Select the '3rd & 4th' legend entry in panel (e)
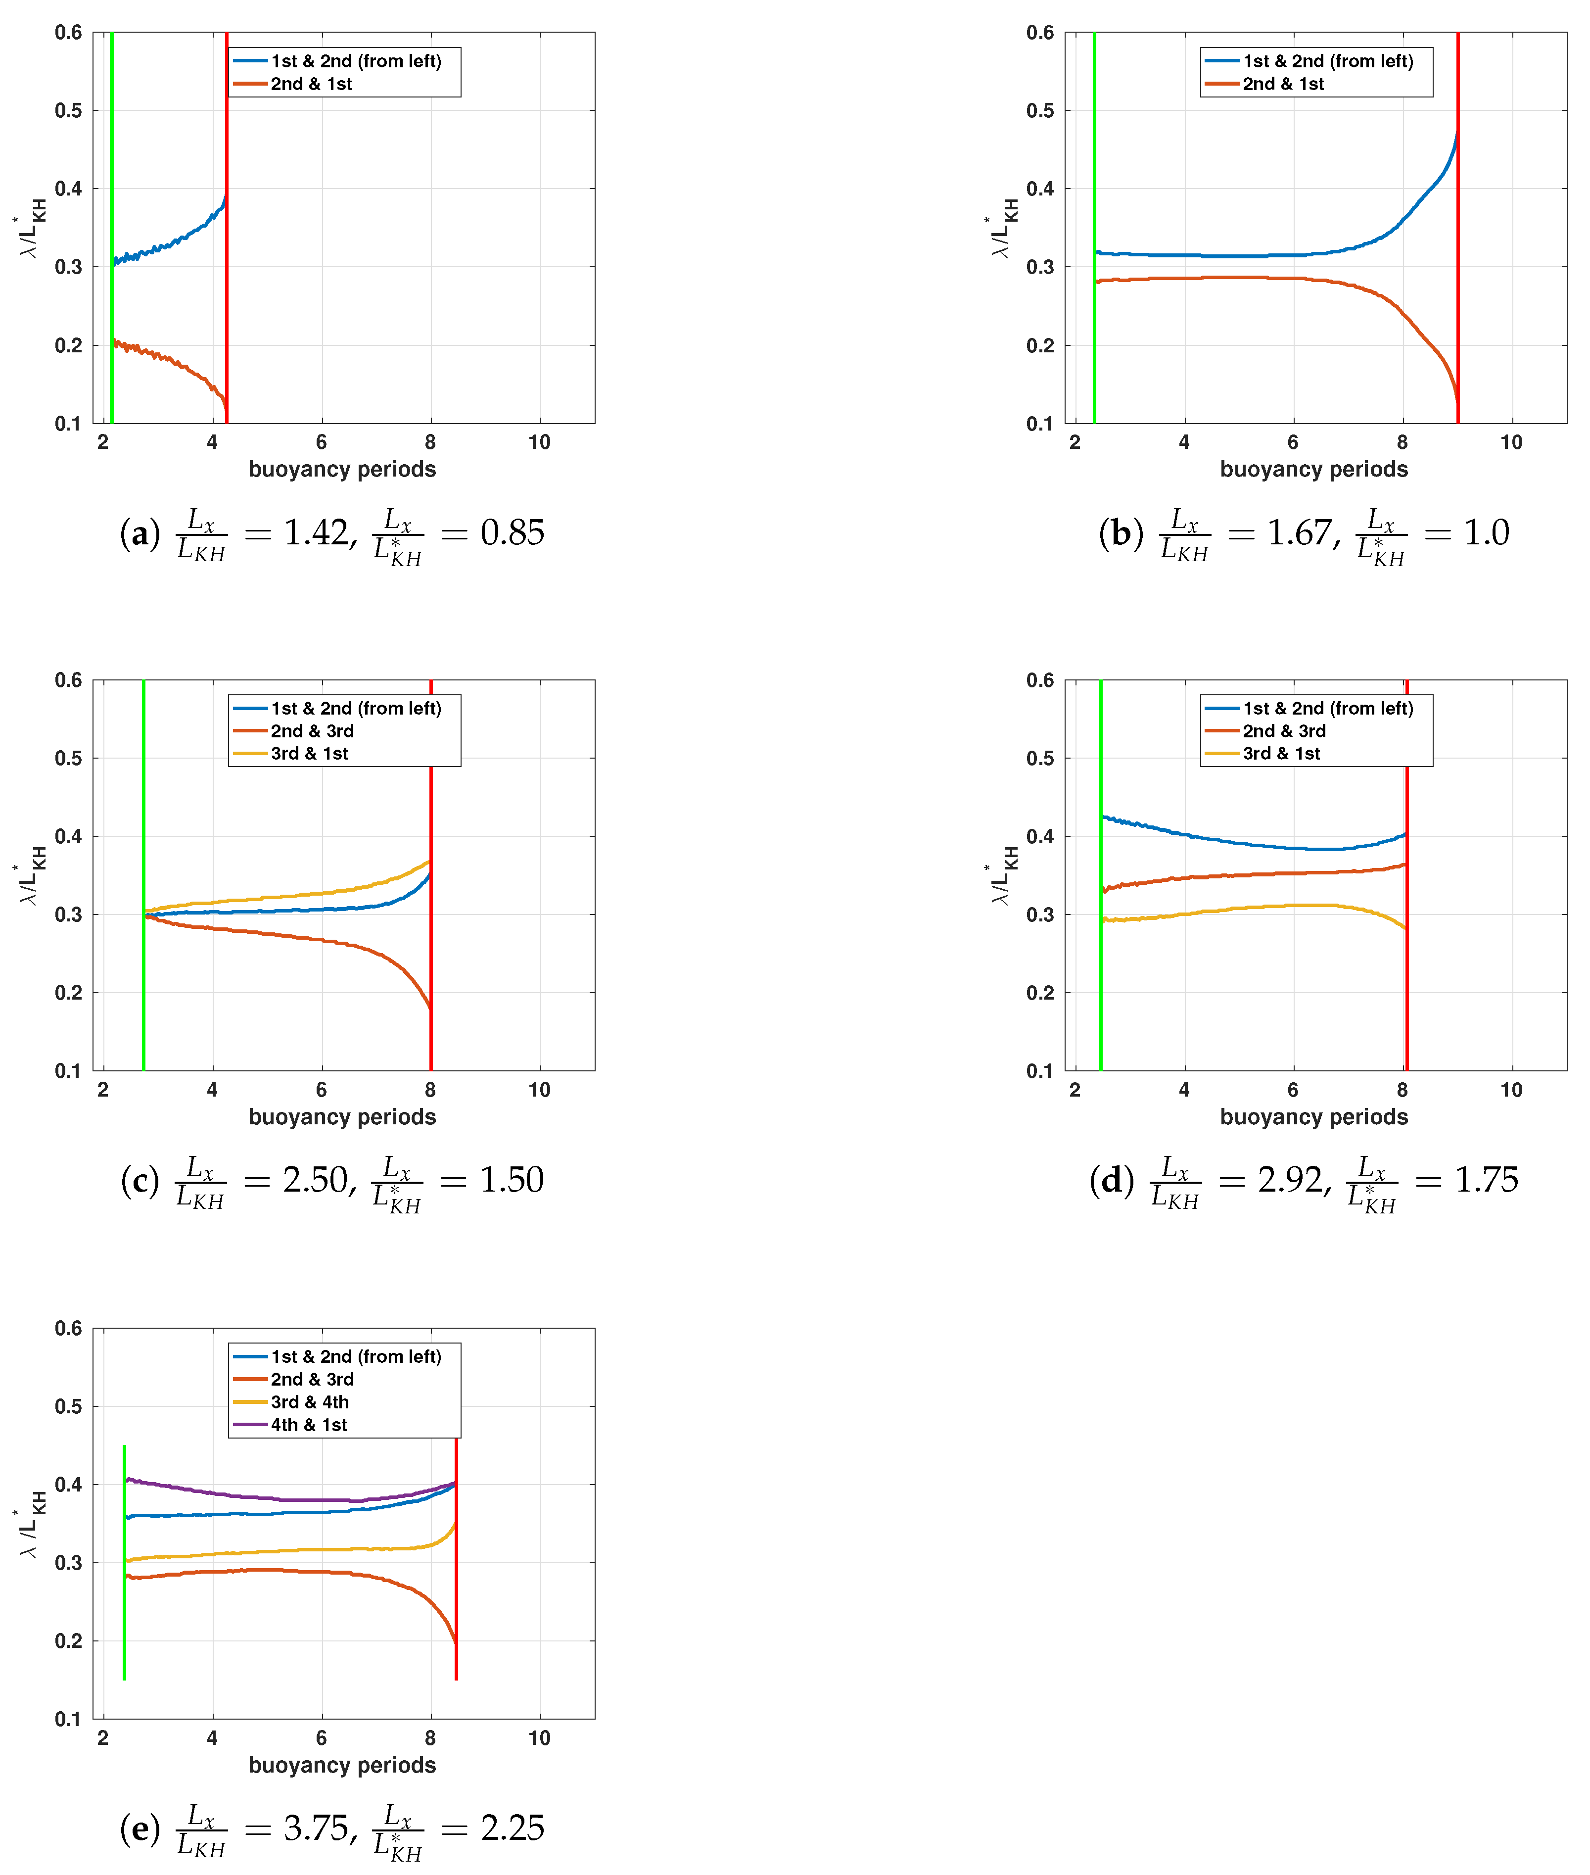[x=309, y=1402]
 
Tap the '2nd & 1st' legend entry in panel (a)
[x=311, y=84]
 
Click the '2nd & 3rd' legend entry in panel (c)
[x=312, y=731]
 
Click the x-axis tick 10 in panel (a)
[x=539, y=442]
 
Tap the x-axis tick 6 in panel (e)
[x=321, y=1737]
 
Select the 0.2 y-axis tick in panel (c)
[x=68, y=993]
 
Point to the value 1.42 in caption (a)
[x=316, y=533]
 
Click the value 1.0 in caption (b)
[x=1486, y=533]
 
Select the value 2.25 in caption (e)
[x=512, y=1827]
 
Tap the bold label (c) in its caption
[x=140, y=1180]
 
